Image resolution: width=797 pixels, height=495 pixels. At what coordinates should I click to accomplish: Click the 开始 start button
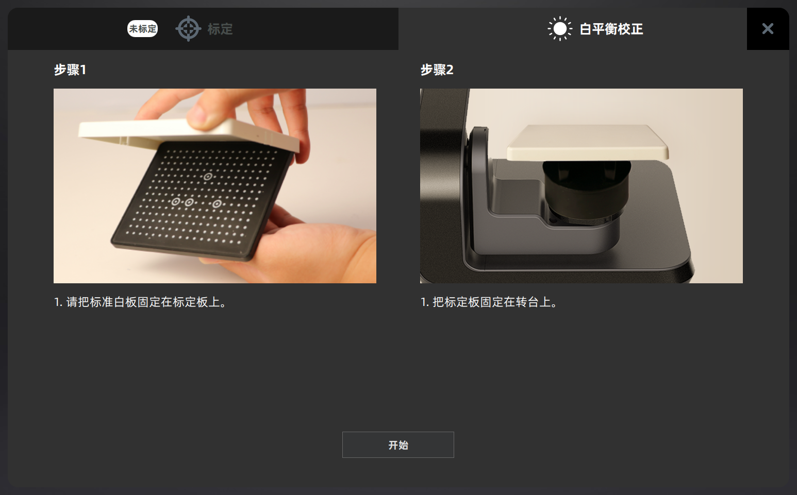(x=398, y=445)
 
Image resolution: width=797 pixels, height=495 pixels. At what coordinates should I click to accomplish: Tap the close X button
(x=768, y=28)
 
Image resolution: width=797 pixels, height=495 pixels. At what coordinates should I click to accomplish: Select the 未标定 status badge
(x=142, y=28)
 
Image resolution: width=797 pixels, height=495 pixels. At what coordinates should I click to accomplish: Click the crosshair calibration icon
(x=188, y=28)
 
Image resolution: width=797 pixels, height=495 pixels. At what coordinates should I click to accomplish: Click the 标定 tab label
(x=220, y=29)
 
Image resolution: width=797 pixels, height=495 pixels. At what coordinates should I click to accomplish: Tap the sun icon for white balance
(x=560, y=28)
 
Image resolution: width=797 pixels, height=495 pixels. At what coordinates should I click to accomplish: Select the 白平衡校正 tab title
(x=611, y=29)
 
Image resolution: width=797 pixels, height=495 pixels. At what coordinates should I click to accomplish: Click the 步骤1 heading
(x=70, y=70)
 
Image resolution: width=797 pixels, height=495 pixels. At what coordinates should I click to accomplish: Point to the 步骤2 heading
(x=437, y=70)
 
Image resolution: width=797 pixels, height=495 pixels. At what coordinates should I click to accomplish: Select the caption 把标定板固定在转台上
(x=494, y=302)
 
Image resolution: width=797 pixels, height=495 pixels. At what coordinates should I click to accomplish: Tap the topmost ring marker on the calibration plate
(x=208, y=176)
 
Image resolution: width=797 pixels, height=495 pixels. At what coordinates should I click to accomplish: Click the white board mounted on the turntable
(x=588, y=142)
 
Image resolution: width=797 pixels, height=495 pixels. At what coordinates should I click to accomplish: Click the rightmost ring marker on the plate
(x=217, y=204)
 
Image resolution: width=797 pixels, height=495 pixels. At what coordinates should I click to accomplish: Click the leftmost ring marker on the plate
(x=175, y=202)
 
